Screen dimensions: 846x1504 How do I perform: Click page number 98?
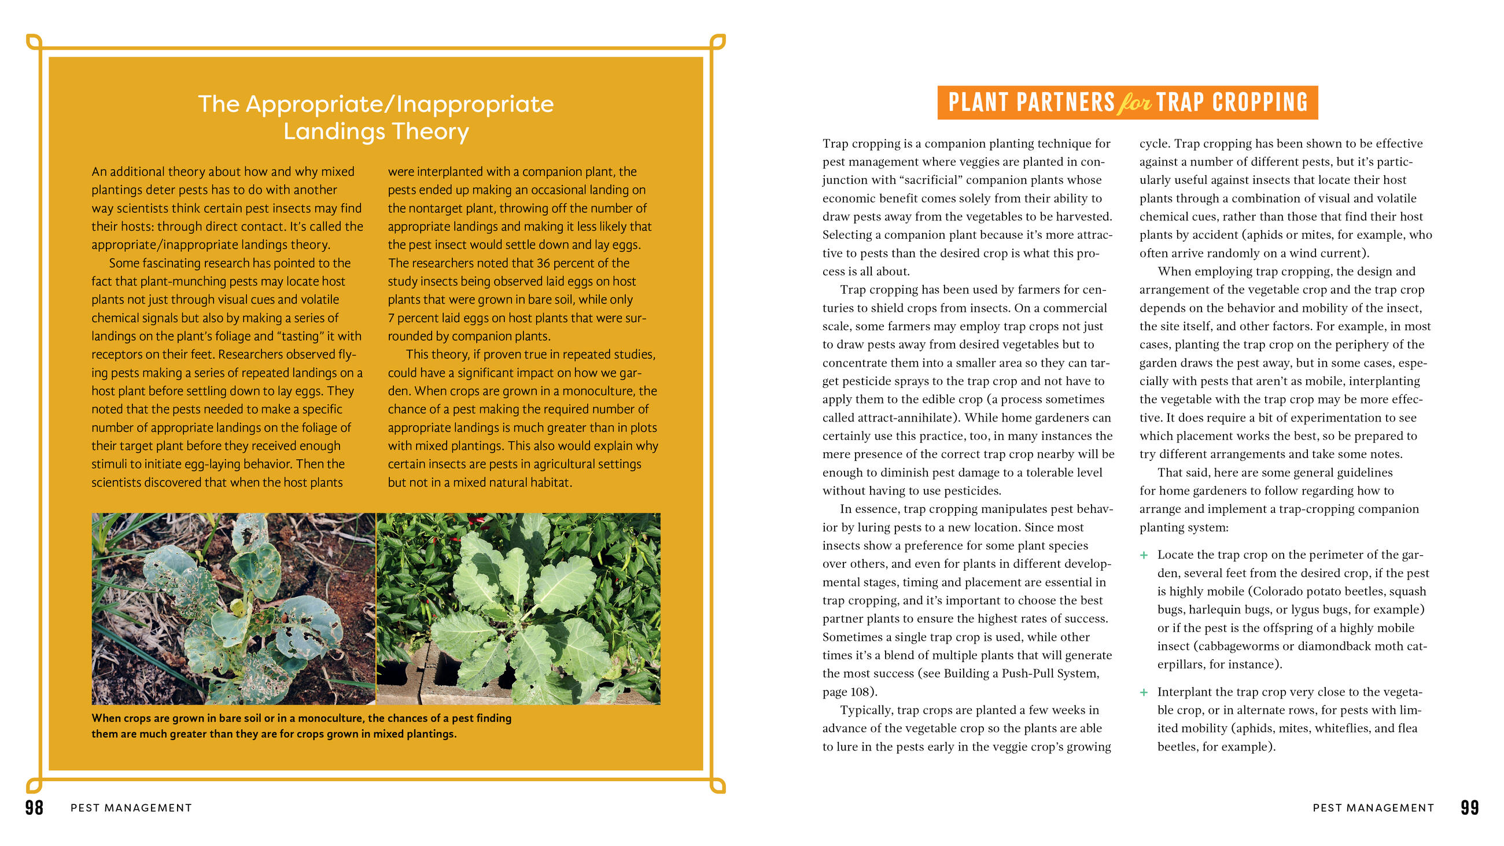34,807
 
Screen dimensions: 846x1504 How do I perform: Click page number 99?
1469,807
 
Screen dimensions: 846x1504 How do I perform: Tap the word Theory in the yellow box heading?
430,131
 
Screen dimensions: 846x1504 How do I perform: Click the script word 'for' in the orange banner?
1134,104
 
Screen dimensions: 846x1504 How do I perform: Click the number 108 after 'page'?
861,692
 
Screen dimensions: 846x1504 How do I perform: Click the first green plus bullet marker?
1144,555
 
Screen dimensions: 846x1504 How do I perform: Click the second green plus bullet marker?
1144,692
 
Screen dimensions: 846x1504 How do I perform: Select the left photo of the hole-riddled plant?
234,608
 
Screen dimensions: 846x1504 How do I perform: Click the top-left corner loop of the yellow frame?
34,42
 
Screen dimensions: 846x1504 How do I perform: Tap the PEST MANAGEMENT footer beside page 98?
131,808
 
